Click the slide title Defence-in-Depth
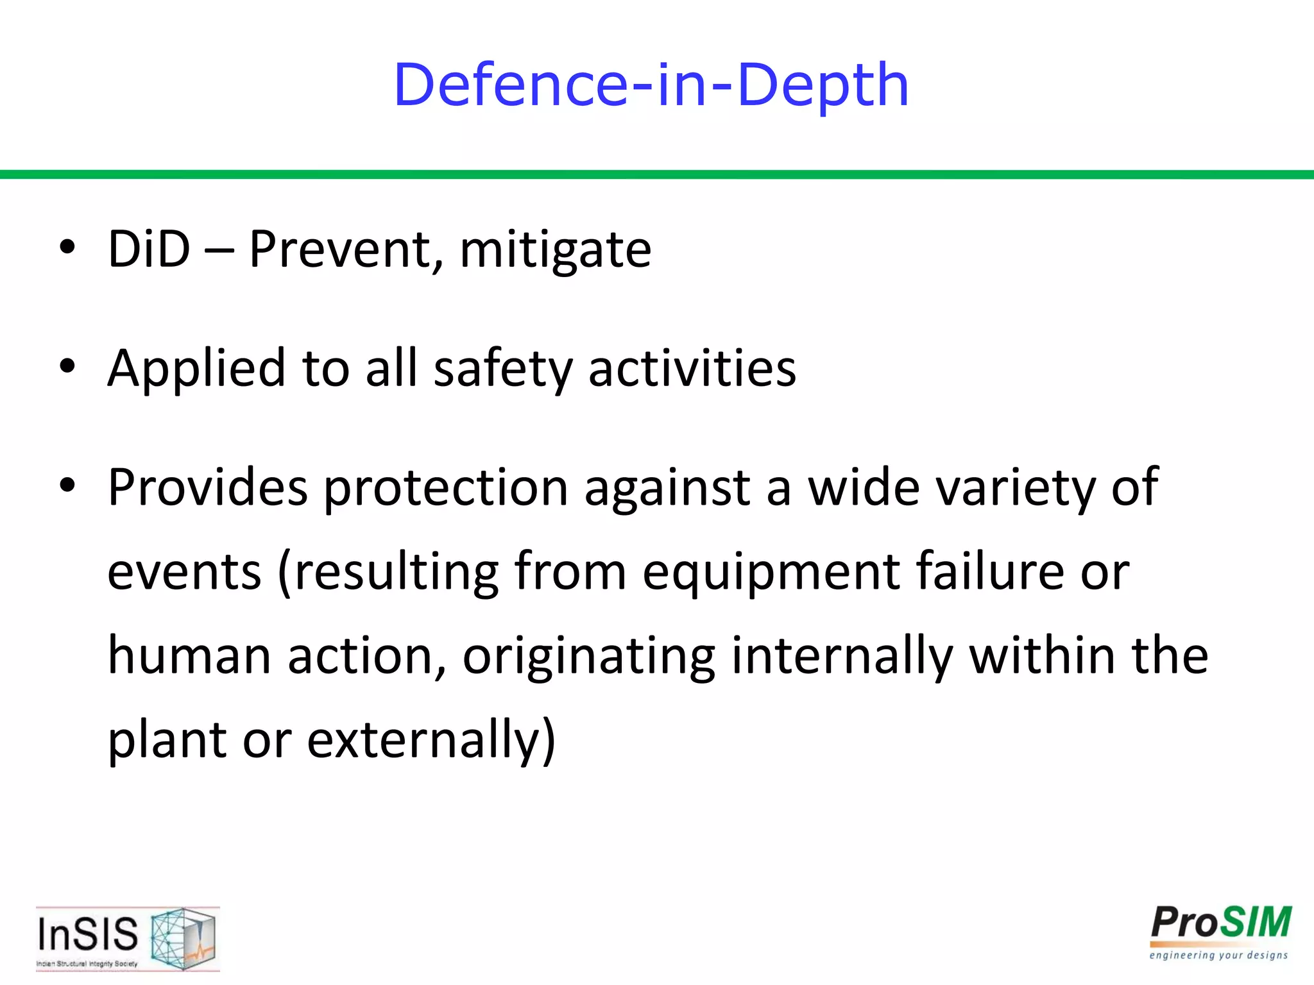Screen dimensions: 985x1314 (x=651, y=85)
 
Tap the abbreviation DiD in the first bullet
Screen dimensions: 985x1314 (x=149, y=249)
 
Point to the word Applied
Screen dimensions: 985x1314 (x=196, y=369)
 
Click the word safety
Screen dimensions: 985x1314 (x=502, y=369)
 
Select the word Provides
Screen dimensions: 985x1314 (x=207, y=487)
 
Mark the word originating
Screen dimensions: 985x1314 (x=588, y=657)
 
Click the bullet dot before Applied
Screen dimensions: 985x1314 (x=67, y=366)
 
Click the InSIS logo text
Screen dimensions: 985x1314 (x=88, y=934)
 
